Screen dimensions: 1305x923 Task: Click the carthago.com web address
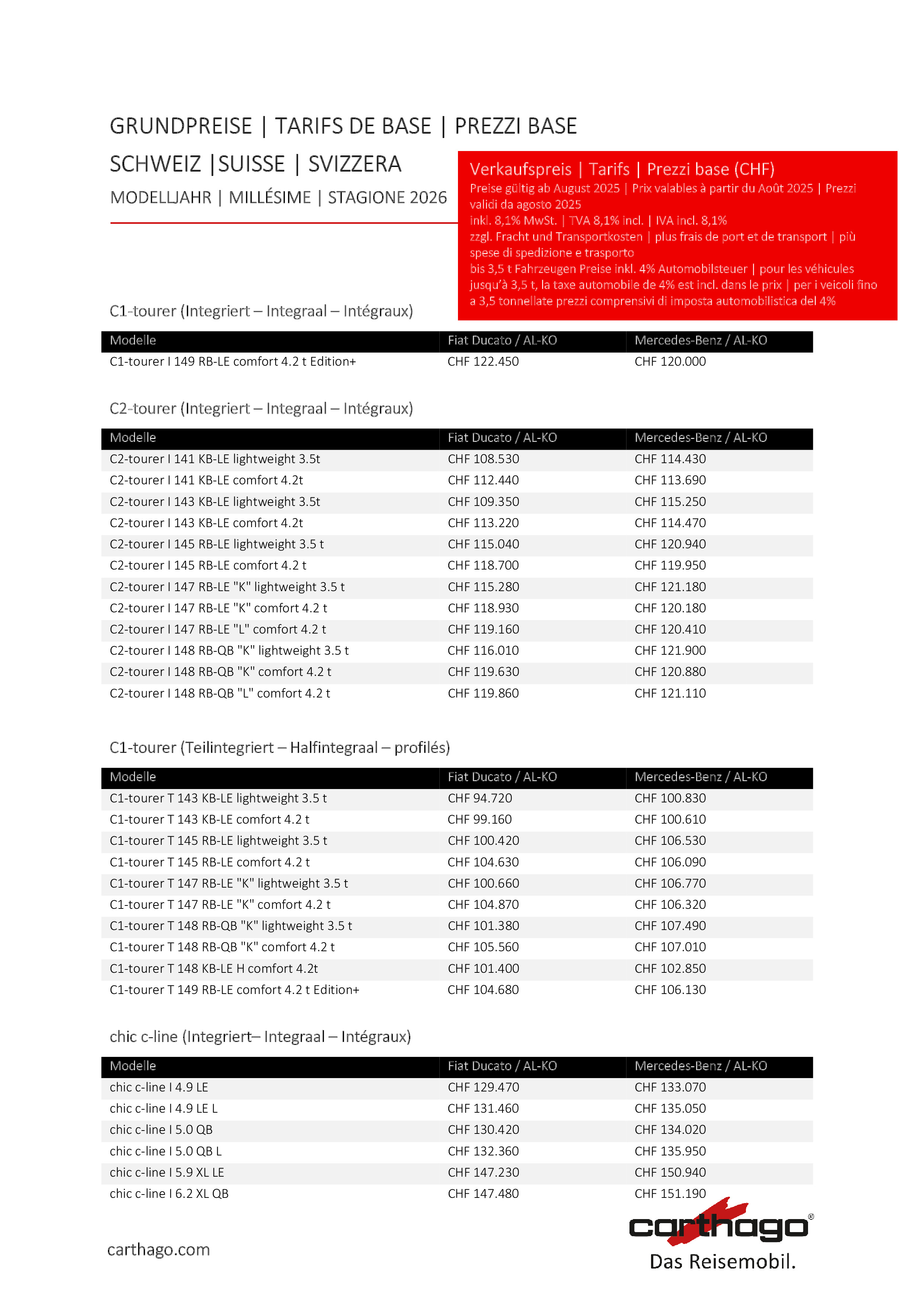click(x=158, y=1249)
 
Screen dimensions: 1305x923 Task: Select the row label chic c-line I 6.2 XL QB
click(x=169, y=1194)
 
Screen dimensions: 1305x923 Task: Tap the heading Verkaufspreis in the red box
click(x=520, y=169)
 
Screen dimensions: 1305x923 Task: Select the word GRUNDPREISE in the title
click(x=181, y=126)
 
